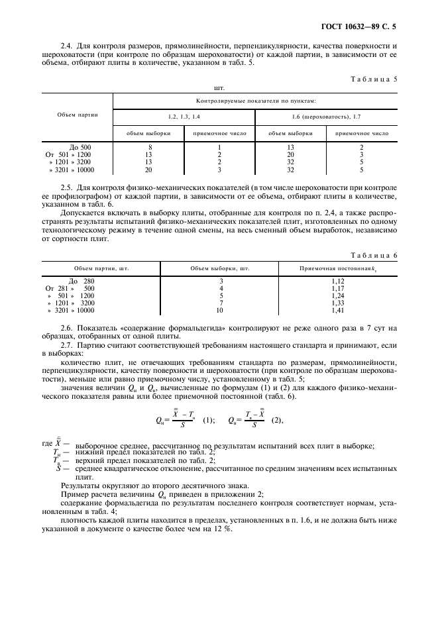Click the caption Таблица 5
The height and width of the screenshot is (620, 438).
pos(375,79)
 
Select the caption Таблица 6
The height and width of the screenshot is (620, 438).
pos(375,255)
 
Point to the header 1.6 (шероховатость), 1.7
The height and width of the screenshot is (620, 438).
pos(326,117)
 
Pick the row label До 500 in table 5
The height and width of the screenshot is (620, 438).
pos(80,147)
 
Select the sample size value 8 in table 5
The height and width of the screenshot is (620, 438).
pos(150,147)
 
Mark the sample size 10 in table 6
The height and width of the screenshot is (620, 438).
pos(220,310)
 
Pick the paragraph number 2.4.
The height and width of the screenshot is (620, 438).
pos(66,45)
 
